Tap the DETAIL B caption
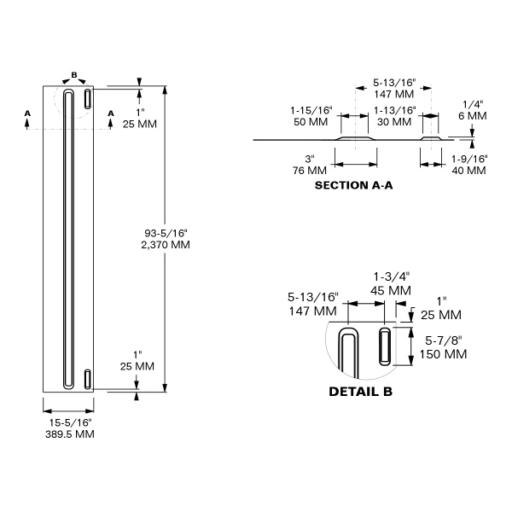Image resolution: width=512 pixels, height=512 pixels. click(x=360, y=393)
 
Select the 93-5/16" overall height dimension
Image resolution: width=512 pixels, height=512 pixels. click(x=166, y=238)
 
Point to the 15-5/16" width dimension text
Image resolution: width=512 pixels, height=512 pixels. click(x=69, y=428)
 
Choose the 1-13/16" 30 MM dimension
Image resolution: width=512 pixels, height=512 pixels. click(x=395, y=116)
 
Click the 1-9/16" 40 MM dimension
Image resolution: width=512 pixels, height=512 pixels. click(x=468, y=164)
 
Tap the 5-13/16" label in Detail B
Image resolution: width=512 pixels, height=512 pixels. click(x=312, y=304)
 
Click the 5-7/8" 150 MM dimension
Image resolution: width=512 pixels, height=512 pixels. click(x=444, y=347)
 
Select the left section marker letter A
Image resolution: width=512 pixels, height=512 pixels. click(x=28, y=113)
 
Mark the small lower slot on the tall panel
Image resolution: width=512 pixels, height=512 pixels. click(x=87, y=378)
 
